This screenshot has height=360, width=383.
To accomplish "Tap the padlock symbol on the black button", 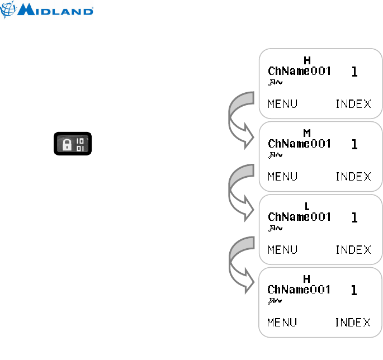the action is [x=66, y=145].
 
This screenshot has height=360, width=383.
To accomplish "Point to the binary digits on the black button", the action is [x=80, y=144].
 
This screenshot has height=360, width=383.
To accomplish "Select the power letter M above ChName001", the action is [x=306, y=133].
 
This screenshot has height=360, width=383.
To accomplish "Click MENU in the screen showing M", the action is [x=282, y=177].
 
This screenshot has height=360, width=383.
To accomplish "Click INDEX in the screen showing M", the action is [x=353, y=177].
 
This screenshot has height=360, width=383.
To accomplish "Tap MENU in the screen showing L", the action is [x=282, y=249].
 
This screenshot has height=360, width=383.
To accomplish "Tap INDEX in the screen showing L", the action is [x=353, y=249].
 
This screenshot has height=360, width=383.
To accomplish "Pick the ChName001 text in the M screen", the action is [x=299, y=144].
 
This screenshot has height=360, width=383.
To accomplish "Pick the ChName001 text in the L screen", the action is [x=299, y=216].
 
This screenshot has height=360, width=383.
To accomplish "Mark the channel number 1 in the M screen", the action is [x=353, y=144].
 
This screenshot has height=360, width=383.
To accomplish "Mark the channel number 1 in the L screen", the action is [x=353, y=217].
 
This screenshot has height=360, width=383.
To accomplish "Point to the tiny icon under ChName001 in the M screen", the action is [x=275, y=155].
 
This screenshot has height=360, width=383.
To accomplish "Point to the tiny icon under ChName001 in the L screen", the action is [x=275, y=228].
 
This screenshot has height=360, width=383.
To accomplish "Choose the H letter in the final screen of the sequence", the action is [x=306, y=278].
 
